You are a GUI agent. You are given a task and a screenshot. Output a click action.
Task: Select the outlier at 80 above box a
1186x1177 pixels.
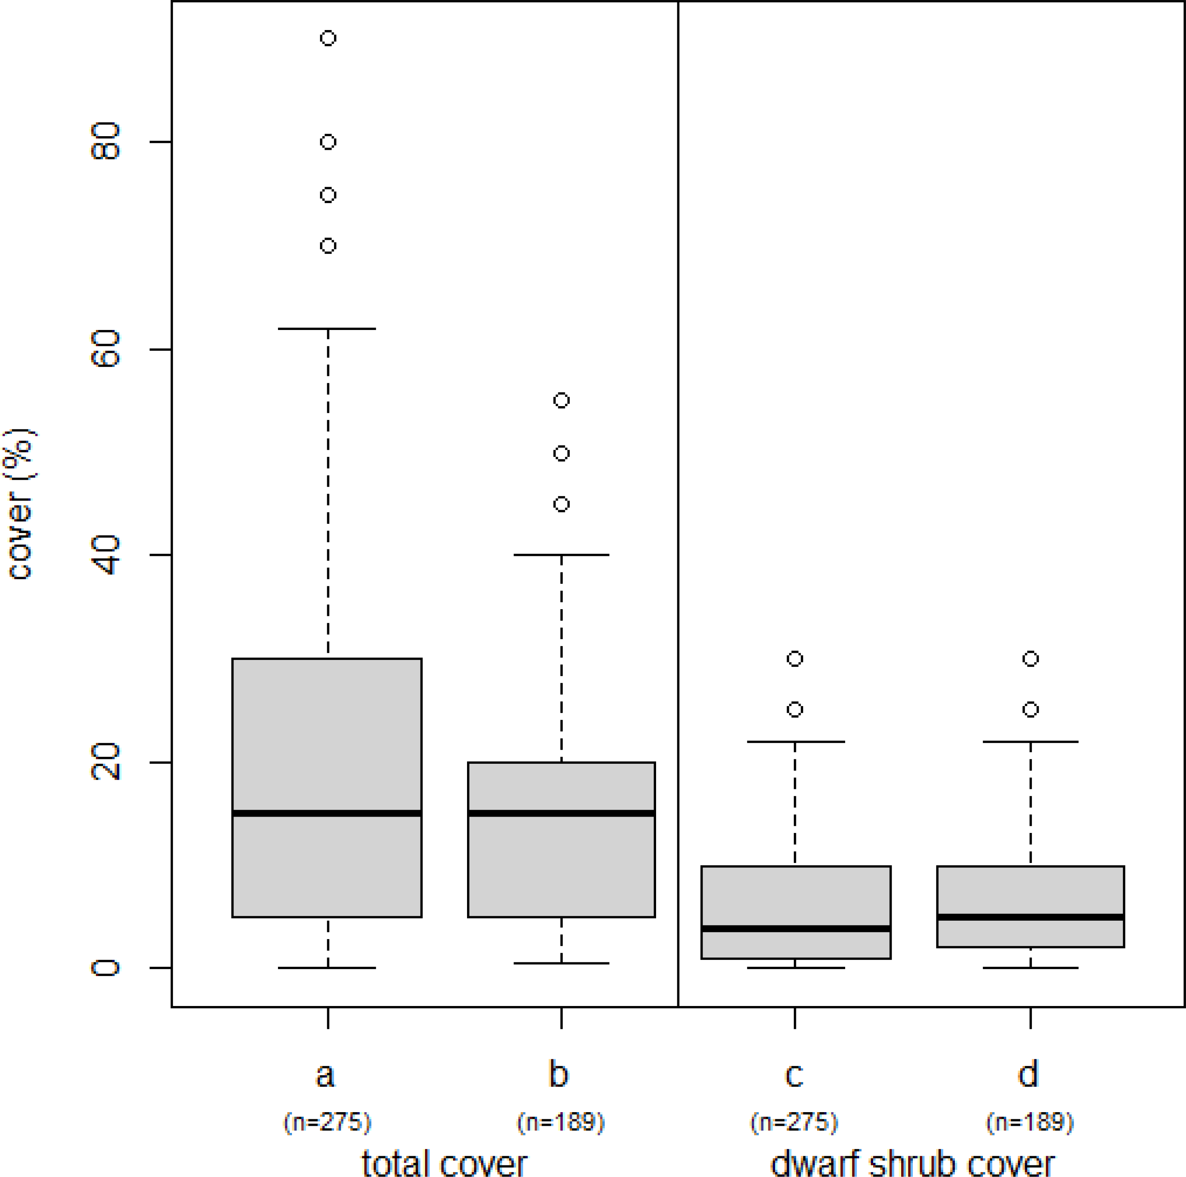coord(328,142)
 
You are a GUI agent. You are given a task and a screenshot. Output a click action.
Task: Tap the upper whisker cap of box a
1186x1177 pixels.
coord(327,329)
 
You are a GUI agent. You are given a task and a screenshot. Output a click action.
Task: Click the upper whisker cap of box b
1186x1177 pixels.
coord(562,555)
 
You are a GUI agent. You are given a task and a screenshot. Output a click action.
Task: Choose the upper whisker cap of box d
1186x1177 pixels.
coord(1031,742)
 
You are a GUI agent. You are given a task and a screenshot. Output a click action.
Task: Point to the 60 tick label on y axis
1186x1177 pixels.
coord(106,349)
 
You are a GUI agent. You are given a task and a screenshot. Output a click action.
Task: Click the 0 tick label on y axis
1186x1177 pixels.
coord(106,968)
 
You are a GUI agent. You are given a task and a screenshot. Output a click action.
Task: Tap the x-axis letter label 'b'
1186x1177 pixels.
coord(559,1073)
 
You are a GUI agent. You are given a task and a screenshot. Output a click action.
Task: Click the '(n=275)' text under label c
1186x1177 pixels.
coord(794,1122)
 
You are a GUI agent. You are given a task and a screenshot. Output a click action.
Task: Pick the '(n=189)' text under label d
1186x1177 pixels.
coord(1030,1122)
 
